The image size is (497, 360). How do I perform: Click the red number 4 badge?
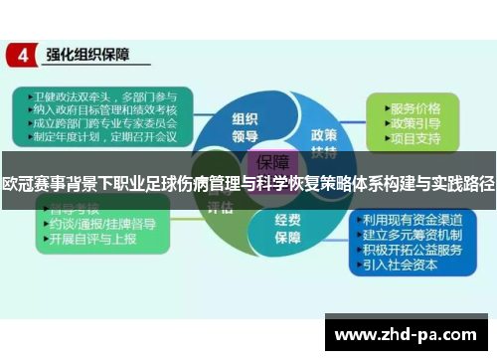point(21,56)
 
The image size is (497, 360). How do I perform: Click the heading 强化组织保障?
point(88,56)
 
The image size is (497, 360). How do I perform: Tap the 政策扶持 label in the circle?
point(324,141)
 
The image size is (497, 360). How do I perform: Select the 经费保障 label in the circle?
point(289,231)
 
